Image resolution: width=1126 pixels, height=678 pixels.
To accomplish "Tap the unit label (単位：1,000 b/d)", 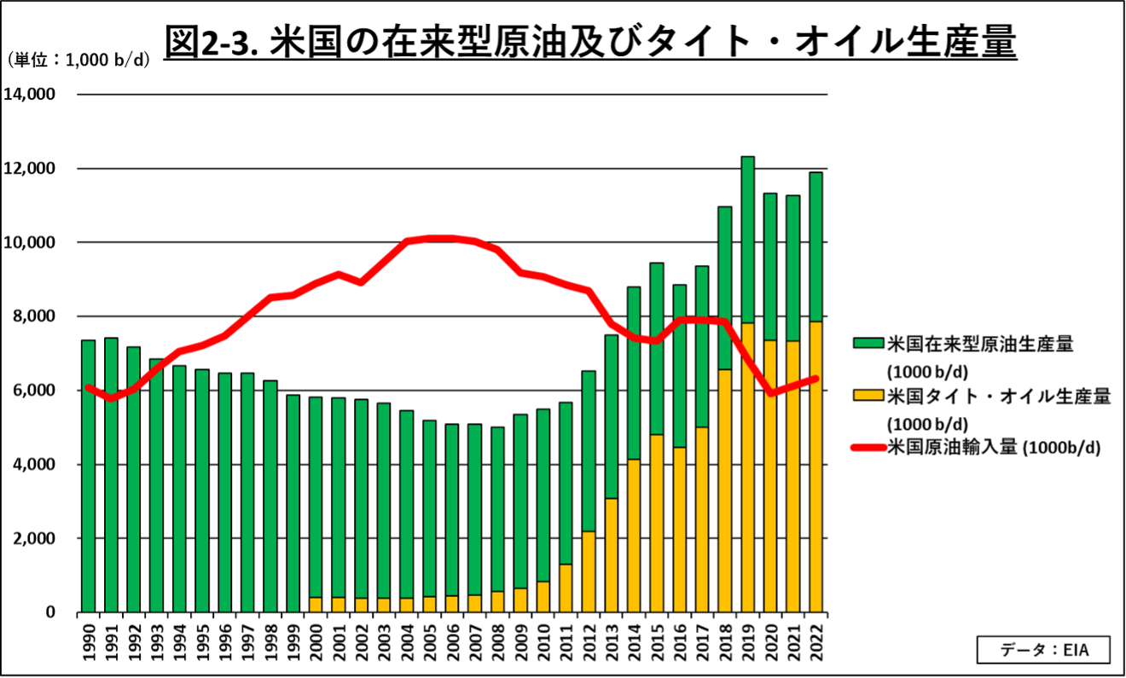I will pyautogui.click(x=78, y=60).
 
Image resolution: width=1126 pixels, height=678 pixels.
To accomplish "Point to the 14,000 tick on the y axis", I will pyautogui.click(x=30, y=94).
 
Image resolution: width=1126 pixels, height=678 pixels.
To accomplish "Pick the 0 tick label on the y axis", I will pyautogui.click(x=50, y=612).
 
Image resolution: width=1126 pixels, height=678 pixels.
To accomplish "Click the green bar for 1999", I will pyautogui.click(x=293, y=503).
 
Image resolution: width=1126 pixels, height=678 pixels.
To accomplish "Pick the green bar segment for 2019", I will pyautogui.click(x=747, y=240).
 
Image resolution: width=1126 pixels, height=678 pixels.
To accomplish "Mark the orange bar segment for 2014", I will pyautogui.click(x=634, y=536).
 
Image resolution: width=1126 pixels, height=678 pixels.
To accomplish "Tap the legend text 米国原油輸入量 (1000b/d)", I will pyautogui.click(x=994, y=447).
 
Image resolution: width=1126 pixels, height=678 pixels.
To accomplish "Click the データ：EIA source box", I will pyautogui.click(x=1043, y=650).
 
